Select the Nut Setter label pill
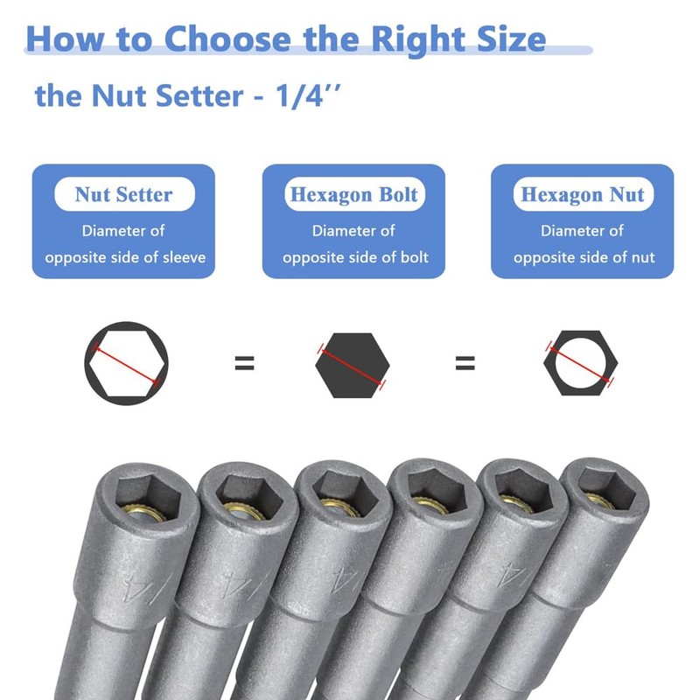(x=123, y=194)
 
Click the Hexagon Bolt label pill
(x=353, y=194)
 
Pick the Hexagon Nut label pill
(x=582, y=194)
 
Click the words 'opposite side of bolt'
(x=354, y=258)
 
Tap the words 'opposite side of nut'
(x=584, y=258)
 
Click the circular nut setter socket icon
(x=125, y=362)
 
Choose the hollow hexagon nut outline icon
(x=582, y=362)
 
